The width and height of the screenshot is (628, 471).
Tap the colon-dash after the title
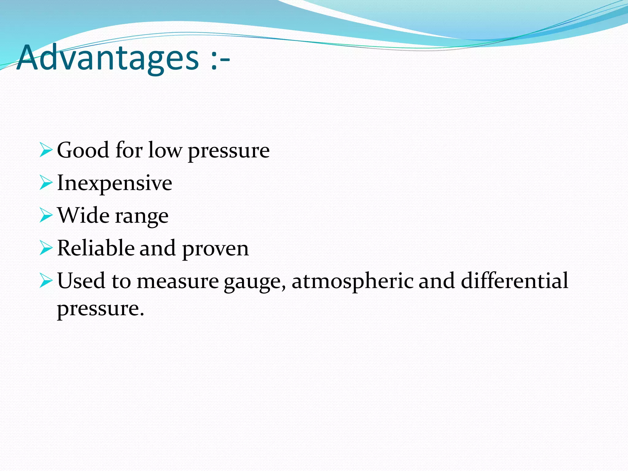(220, 60)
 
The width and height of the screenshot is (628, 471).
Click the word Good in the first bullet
(83, 150)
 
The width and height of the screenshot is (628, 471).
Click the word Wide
(83, 216)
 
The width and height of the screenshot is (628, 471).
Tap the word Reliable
(95, 248)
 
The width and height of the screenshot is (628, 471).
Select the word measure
(178, 281)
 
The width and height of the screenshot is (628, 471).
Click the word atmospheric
(352, 281)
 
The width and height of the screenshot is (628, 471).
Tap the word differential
(514, 281)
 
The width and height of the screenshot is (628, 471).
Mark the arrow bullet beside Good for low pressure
(46, 150)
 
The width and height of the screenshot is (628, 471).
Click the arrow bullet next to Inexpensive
(46, 183)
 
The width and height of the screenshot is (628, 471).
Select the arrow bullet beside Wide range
(46, 216)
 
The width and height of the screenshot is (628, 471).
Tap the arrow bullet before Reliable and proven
(46, 248)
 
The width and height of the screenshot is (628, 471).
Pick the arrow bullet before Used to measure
(46, 281)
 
